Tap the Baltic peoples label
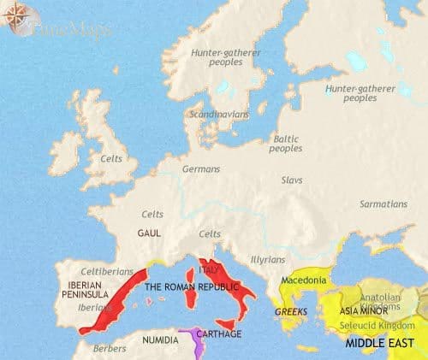[x=286, y=143]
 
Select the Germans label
[x=201, y=169]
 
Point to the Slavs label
[x=293, y=180]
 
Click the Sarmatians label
[x=383, y=204]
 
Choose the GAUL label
[x=148, y=232]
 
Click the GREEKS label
[x=291, y=313]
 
